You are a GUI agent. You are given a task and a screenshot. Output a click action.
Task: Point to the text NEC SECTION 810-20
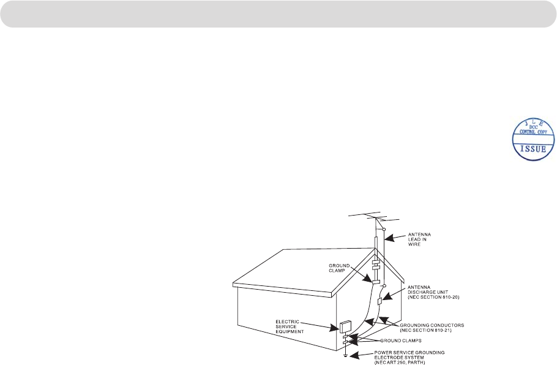coord(433,297)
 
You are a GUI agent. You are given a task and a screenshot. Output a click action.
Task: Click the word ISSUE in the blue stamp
coord(528,148)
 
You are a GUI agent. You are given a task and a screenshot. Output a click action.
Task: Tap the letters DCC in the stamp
coord(528,127)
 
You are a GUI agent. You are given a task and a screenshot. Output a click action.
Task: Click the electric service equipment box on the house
coord(345,326)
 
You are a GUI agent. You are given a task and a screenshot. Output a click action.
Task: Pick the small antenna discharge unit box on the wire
coord(380,301)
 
